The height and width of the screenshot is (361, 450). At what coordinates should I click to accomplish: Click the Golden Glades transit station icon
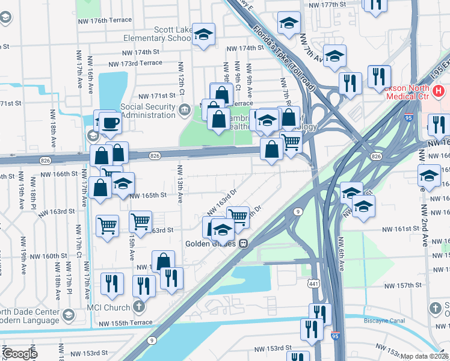point(244,244)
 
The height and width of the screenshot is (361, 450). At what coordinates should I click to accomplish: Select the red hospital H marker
point(439,91)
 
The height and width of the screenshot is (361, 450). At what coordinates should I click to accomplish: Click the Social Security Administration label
point(148,111)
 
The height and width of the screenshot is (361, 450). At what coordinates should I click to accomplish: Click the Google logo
point(20,354)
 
